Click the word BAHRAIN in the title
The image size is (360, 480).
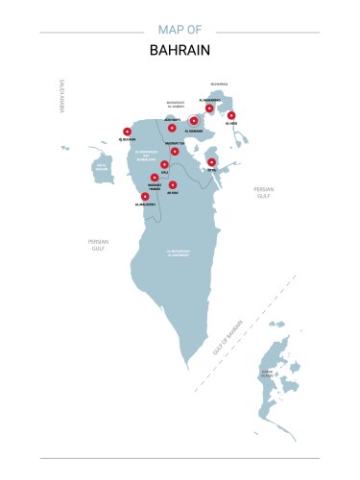(180, 49)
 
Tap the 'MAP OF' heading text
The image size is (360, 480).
(180, 29)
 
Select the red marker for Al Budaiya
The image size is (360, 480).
(127, 132)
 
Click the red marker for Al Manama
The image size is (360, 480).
(194, 121)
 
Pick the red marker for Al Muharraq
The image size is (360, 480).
(209, 108)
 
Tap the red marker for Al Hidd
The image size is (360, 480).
(231, 115)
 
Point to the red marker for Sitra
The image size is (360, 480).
(211, 161)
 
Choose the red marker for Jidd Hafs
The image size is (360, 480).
(172, 128)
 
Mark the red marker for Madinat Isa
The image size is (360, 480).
(175, 151)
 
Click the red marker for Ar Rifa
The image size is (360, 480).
(173, 184)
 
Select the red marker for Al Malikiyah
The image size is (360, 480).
(145, 197)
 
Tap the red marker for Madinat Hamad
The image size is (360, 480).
(155, 178)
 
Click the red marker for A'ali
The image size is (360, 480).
(165, 164)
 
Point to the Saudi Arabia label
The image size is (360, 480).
(60, 97)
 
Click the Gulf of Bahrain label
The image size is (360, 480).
(228, 338)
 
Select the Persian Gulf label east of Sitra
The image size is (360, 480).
(264, 193)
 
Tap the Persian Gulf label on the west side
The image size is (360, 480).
(98, 245)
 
